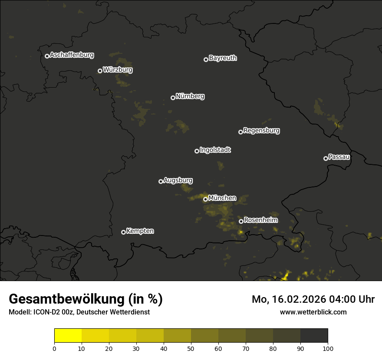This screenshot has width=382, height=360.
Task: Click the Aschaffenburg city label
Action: tap(72, 55)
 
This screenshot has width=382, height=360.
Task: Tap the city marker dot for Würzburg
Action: tap(100, 71)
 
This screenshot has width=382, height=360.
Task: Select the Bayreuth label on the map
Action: tap(223, 58)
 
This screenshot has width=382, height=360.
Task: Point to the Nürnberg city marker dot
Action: tap(173, 98)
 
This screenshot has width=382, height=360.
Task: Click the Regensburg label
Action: tap(261, 130)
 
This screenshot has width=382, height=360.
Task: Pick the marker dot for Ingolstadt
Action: tap(197, 151)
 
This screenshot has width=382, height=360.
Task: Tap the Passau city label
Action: tap(339, 157)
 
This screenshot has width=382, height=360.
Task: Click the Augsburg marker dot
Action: tap(161, 181)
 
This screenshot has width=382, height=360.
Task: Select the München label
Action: tap(222, 198)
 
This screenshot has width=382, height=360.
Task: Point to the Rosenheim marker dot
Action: tap(241, 222)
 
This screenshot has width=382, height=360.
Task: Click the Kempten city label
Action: tap(140, 231)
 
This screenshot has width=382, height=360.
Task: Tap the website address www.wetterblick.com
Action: tap(313, 312)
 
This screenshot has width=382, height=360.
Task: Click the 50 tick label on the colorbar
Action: tap(191, 348)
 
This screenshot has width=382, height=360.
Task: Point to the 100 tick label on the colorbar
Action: tap(328, 348)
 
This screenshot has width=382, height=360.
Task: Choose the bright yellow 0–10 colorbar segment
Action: tap(68, 336)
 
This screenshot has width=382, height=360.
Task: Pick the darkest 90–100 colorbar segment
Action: tap(314, 336)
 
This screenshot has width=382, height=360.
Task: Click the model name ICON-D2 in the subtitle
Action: tap(44, 312)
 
